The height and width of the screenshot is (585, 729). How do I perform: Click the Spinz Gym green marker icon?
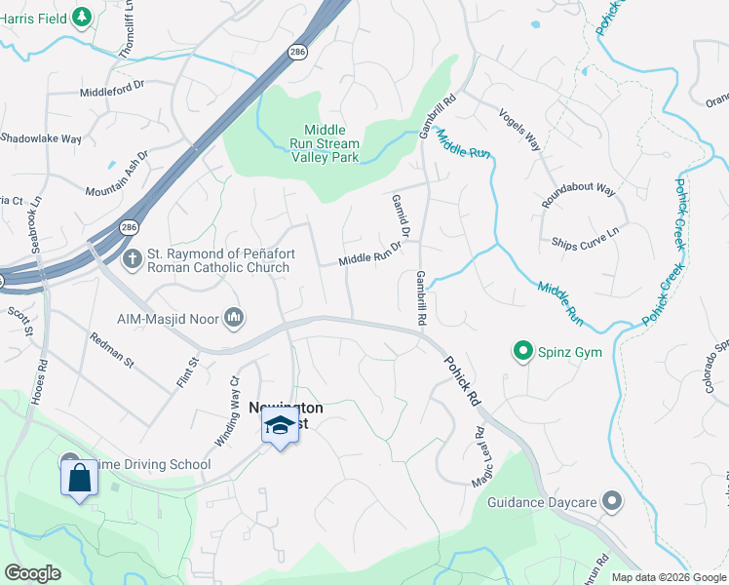523,351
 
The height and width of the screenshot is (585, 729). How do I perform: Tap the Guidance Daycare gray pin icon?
612,502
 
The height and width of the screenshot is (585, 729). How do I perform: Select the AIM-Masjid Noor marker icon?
234,318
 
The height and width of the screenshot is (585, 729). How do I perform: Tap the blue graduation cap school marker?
280,426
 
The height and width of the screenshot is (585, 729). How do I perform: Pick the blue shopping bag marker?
79,479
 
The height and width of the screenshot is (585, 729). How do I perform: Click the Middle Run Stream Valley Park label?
331,143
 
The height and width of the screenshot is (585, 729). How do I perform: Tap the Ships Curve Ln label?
585,238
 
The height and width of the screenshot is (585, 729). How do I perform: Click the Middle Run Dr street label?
371,255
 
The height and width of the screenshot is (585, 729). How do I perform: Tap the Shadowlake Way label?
41,138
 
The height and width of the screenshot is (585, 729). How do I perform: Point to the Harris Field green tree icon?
83,17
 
